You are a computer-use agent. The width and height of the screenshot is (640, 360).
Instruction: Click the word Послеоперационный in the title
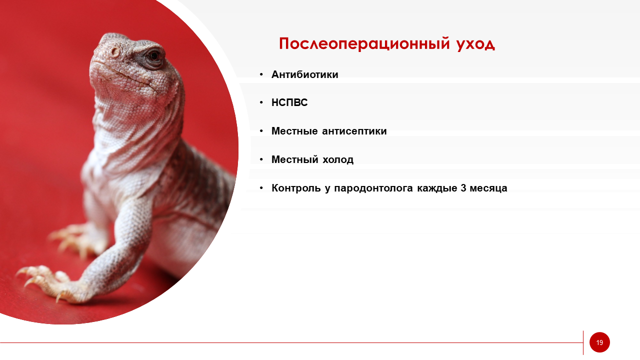[x=364, y=43]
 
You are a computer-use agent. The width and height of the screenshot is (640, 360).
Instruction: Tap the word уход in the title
[x=475, y=44]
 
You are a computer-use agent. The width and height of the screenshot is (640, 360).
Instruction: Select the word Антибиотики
[x=304, y=74]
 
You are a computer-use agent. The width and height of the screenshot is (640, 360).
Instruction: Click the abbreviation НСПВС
[x=289, y=102]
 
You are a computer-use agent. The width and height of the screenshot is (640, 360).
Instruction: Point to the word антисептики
[x=354, y=131]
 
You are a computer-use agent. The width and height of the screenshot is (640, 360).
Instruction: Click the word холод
[x=338, y=159]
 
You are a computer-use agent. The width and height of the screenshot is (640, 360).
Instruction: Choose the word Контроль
[x=296, y=188]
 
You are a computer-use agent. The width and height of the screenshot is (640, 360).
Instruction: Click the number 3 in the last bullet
[x=463, y=188]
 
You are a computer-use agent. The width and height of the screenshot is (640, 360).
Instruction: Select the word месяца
[x=488, y=188]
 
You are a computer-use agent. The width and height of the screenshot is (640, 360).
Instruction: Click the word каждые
[x=437, y=188]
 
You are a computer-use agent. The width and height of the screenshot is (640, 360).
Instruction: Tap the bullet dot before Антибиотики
[x=261, y=75]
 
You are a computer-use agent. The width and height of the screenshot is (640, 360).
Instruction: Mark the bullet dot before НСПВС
[x=261, y=103]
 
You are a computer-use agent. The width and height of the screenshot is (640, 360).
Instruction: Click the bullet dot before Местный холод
[x=261, y=159]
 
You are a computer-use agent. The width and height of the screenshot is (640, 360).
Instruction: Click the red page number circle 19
[x=599, y=342]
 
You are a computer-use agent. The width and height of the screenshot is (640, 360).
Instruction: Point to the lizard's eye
[x=154, y=55]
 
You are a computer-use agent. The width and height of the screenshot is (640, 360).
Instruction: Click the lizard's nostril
[x=115, y=52]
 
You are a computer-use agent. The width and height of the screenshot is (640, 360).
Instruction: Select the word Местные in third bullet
[x=294, y=131]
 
